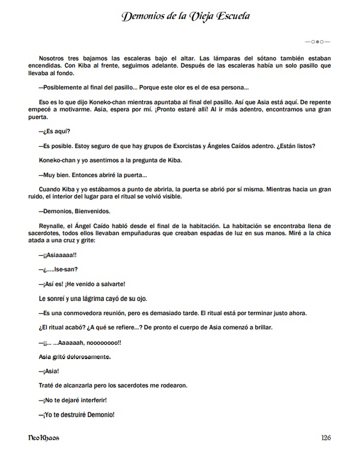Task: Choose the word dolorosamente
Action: tap(88, 357)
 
